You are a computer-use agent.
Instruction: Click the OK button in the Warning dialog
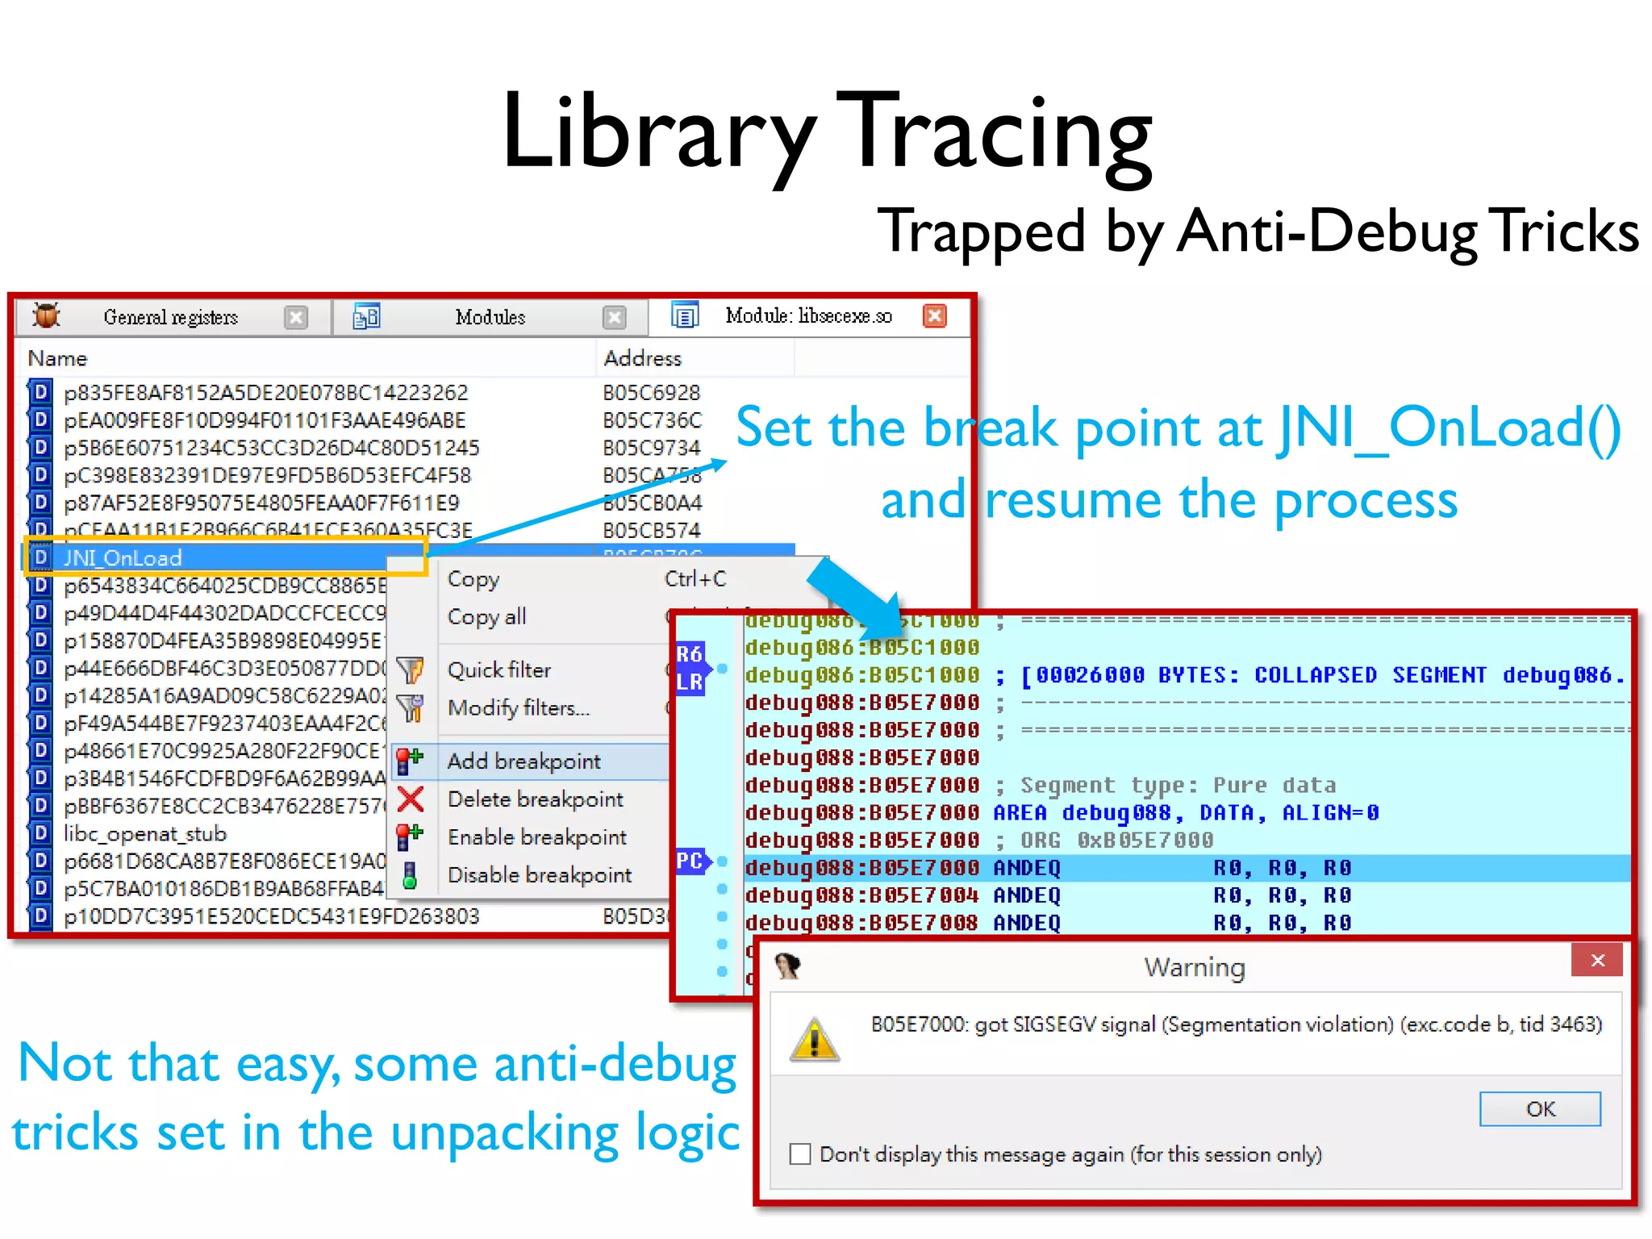(1539, 1109)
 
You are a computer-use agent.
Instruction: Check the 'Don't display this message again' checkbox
(800, 1154)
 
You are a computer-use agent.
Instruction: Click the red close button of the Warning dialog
(1596, 961)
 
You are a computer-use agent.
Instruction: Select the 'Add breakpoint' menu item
(524, 761)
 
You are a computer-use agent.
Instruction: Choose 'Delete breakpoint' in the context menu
(535, 799)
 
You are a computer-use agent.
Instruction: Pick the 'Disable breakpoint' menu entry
(539, 875)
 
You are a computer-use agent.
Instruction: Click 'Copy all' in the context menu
(486, 617)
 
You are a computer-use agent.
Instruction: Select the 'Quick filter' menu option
(499, 670)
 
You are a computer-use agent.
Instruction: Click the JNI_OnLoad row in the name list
(123, 557)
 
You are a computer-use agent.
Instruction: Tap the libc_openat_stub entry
(145, 834)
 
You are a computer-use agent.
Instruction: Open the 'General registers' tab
(170, 317)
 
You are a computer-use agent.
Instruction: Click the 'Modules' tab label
(490, 317)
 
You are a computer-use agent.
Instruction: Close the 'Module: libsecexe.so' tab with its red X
(934, 316)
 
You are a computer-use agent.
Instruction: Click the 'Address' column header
(642, 358)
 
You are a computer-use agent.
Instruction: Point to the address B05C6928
(652, 393)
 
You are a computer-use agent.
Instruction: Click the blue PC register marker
(690, 861)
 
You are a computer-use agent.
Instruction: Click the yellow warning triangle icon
(815, 1040)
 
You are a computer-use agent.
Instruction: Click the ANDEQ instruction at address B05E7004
(1026, 895)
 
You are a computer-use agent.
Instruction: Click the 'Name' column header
(57, 358)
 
